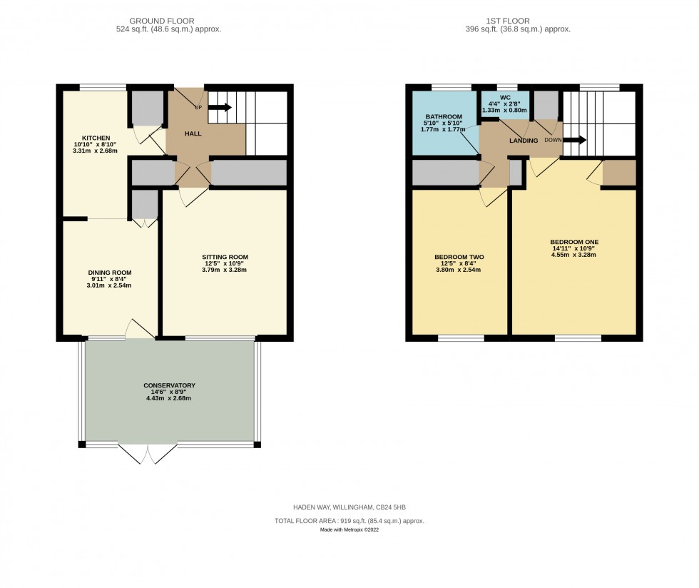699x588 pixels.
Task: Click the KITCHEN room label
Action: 96,138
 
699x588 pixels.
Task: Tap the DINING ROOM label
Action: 110,273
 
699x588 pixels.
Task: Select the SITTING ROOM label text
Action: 225,257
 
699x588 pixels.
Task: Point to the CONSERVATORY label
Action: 169,385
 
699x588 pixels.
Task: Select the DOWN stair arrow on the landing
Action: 574,140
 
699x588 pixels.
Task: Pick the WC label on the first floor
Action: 505,97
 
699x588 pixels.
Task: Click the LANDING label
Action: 524,141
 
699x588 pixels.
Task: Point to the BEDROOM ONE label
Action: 573,241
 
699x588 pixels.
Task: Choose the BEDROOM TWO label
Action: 458,257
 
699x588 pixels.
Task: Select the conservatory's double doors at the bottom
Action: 148,454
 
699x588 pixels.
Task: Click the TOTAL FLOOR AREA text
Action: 349,521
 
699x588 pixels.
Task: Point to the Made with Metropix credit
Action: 349,529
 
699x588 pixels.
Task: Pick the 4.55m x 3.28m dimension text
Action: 573,255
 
